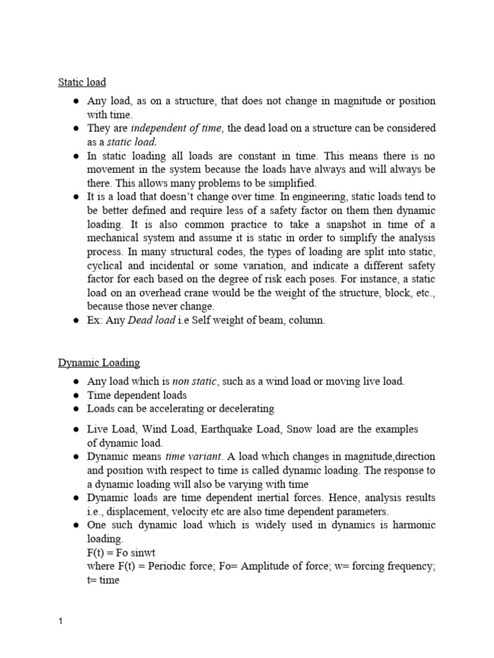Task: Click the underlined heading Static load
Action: pos(82,82)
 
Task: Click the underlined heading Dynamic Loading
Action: pos(98,363)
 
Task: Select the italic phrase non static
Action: pos(196,382)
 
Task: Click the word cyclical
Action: pos(107,265)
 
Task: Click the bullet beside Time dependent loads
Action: pos(76,396)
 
